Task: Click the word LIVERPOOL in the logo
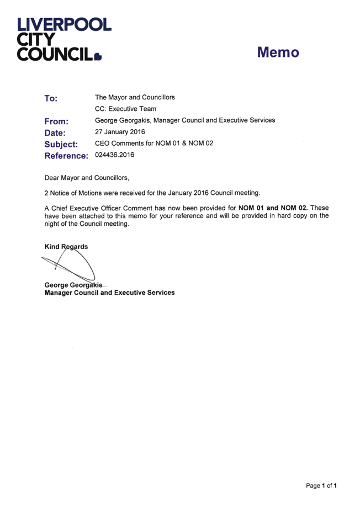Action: (64, 25)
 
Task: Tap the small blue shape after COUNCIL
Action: (98, 57)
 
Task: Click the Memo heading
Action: (278, 52)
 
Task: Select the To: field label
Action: (51, 98)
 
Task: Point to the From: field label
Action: (56, 121)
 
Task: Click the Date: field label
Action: (55, 132)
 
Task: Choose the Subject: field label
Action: (61, 145)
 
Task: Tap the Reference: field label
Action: (66, 156)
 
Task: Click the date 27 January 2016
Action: (120, 132)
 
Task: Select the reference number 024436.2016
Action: (115, 155)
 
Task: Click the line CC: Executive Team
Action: (126, 109)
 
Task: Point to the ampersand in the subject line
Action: (184, 143)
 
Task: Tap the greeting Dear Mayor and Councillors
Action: (87, 178)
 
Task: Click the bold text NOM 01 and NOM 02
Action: (273, 208)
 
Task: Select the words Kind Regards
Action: (66, 247)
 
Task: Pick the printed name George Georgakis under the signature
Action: (73, 285)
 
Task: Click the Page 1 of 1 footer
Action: (321, 486)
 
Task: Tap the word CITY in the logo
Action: (36, 40)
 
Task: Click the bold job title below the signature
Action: (109, 293)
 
